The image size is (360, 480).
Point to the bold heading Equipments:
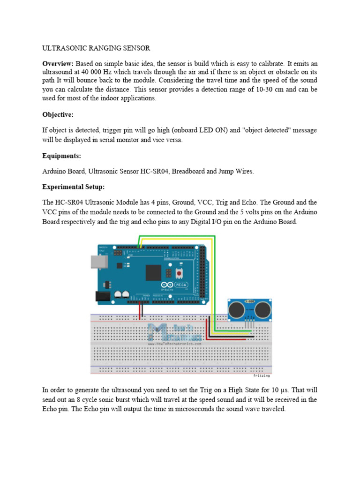[x=62, y=156]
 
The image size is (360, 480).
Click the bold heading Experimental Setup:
[x=74, y=187]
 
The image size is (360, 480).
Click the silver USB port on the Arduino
[x=98, y=262]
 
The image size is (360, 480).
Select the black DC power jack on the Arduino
[x=103, y=296]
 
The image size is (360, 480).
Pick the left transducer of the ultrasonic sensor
[x=237, y=309]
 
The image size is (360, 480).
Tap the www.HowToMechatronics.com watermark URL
[x=175, y=344]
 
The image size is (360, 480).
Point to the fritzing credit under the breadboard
[x=261, y=375]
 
